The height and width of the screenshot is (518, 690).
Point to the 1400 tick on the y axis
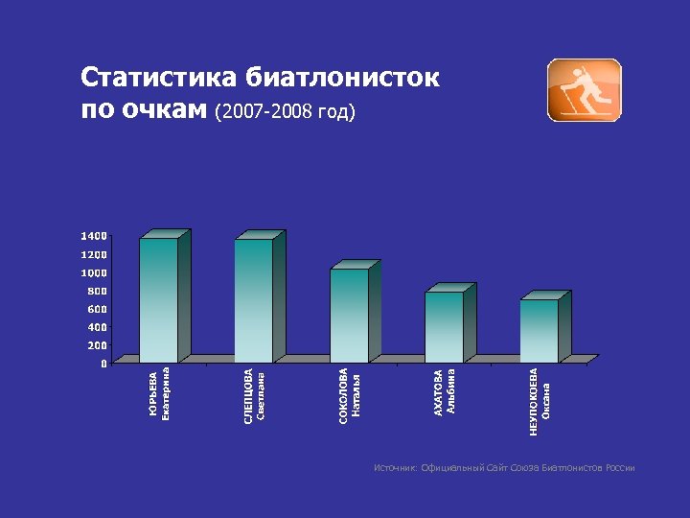coord(94,236)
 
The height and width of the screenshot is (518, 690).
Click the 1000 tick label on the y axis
coord(94,272)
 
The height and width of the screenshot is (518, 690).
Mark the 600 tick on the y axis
coord(97,309)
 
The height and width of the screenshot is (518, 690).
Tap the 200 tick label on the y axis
coord(97,345)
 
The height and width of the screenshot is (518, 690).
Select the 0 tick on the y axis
coord(103,364)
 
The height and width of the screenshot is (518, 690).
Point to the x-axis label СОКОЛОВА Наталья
coord(350,396)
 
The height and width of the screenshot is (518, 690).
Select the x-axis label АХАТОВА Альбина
coord(445,391)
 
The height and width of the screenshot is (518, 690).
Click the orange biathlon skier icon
coord(584,90)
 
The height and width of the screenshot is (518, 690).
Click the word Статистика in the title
coord(159,78)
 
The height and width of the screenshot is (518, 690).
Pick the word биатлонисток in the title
coord(343,78)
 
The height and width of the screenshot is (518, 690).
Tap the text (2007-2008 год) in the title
coord(286,111)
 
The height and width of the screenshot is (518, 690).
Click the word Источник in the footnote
coord(396,468)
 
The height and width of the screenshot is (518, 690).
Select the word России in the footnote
coord(619,468)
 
